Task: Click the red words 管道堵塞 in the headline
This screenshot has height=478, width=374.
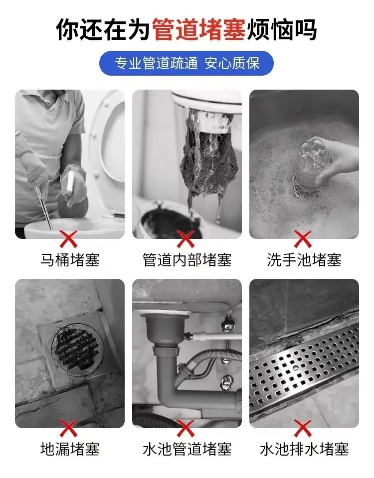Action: click(x=198, y=29)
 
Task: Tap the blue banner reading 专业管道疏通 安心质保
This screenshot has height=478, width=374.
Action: click(x=186, y=63)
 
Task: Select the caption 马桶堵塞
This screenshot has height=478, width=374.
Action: click(x=70, y=260)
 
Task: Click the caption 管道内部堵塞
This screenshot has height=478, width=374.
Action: click(x=187, y=260)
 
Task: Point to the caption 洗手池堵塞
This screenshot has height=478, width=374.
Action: click(x=304, y=260)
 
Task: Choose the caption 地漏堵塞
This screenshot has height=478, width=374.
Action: click(x=70, y=449)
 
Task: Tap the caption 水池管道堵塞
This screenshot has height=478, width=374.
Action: click(x=187, y=449)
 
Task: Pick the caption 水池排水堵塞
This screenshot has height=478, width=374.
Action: click(x=304, y=449)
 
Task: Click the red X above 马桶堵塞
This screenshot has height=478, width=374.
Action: click(x=69, y=239)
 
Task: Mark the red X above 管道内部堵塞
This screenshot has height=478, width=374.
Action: click(x=186, y=239)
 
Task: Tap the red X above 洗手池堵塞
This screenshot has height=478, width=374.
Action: click(x=303, y=239)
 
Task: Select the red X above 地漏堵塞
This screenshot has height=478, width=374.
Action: click(x=69, y=428)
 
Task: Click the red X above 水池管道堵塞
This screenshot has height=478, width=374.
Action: click(x=186, y=428)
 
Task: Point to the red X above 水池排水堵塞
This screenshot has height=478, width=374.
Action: click(x=303, y=428)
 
